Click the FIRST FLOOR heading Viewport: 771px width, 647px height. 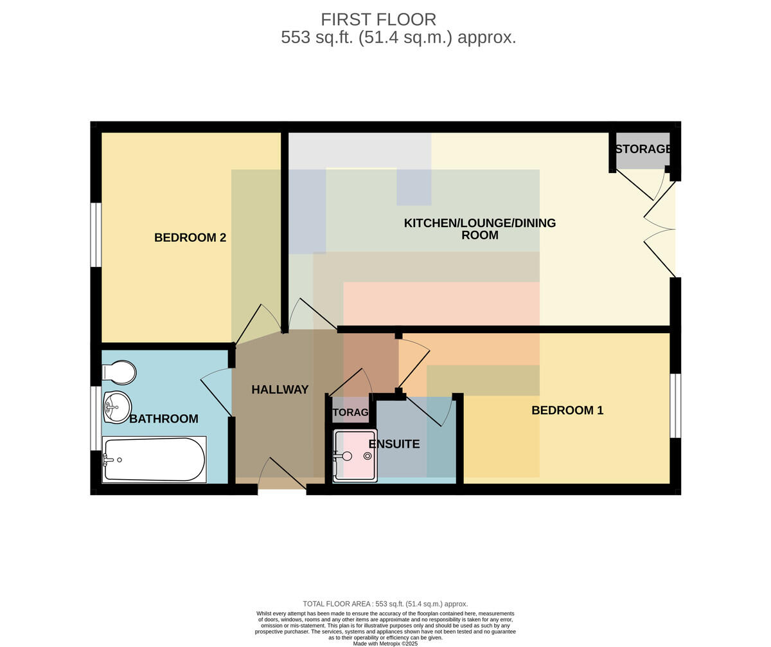378,19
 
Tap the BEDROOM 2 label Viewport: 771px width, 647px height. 190,237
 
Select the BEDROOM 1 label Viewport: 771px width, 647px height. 567,410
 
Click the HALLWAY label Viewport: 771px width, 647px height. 280,389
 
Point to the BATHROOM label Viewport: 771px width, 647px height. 164,419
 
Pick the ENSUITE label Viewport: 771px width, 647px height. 394,444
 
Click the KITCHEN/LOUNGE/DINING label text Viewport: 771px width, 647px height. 480,223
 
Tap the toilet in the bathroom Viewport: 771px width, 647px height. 119,372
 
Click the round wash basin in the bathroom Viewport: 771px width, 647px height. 117,407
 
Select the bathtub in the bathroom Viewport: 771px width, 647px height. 154,459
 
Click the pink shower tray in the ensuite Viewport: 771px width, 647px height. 355,455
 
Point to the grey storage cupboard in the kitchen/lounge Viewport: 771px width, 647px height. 643,150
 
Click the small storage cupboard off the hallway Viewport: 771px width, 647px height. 350,410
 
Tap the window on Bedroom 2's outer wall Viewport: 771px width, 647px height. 96,234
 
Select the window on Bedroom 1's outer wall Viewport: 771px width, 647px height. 675,406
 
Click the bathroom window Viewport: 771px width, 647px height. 96,418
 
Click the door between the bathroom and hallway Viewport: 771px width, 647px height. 217,392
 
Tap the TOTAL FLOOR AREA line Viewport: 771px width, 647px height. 385,604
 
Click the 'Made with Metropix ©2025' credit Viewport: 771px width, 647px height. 385,644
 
